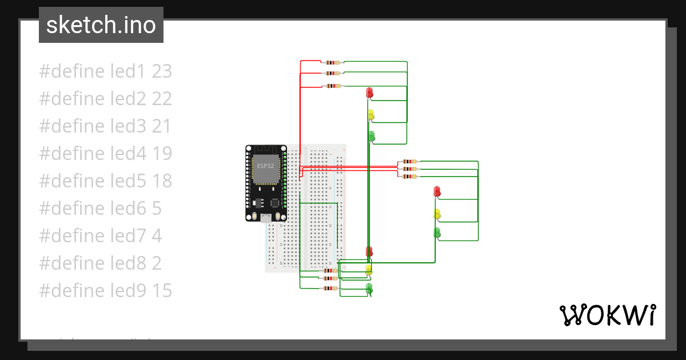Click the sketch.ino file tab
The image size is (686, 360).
coord(101,25)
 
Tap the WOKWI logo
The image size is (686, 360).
coord(607,315)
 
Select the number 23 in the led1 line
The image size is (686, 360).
coord(162,71)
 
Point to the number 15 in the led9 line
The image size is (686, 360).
coord(162,291)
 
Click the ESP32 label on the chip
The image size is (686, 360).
coord(265,166)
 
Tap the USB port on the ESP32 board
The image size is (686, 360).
coord(266,217)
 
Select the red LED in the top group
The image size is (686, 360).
coord(370,92)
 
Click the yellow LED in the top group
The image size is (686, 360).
coord(371,114)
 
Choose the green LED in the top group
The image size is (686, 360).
coord(371,136)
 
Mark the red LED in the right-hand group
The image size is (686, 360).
coord(437,191)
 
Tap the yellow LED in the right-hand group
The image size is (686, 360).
coord(437,214)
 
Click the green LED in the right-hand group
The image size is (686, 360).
coord(437,232)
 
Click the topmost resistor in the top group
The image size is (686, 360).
coord(333,62)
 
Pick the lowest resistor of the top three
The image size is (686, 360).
coord(333,86)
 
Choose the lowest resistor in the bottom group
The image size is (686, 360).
coord(330,288)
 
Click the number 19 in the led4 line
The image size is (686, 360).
coord(162,154)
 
